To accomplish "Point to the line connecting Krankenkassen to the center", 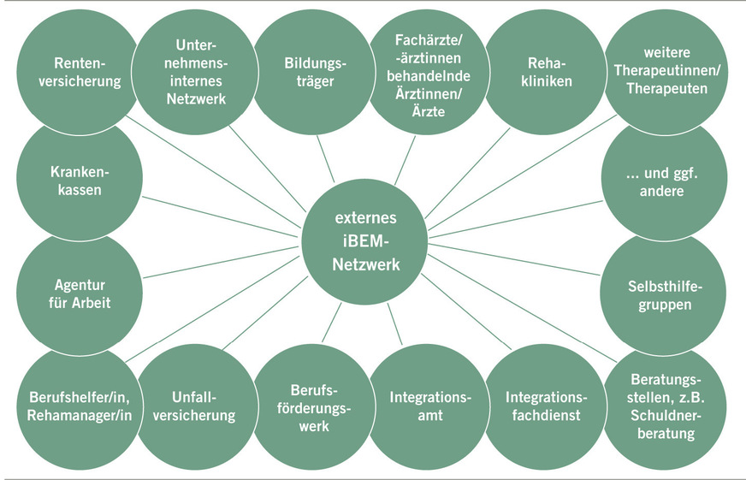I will [x=222, y=212].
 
